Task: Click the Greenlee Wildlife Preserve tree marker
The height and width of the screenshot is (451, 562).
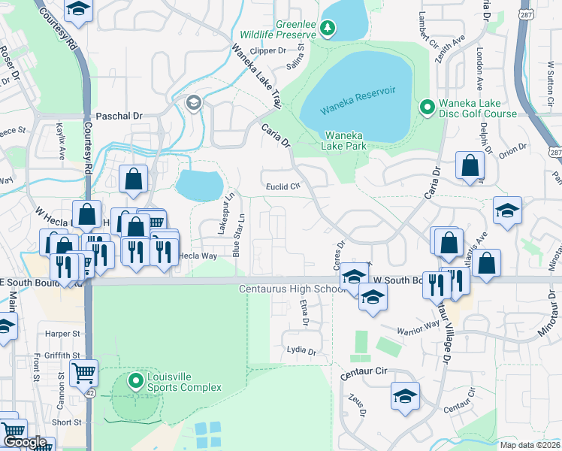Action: pyautogui.click(x=327, y=29)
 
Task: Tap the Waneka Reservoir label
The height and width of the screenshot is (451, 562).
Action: pyautogui.click(x=358, y=100)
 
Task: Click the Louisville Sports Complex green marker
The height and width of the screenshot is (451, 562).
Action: pyautogui.click(x=136, y=381)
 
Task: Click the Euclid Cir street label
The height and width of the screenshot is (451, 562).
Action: pyautogui.click(x=283, y=186)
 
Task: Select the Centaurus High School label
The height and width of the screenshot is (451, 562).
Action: pyautogui.click(x=292, y=289)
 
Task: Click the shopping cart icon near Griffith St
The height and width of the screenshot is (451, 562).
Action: pyautogui.click(x=83, y=373)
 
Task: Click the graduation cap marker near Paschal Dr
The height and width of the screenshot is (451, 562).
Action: pyautogui.click(x=194, y=103)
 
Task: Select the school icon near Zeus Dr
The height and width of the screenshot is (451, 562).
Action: pyautogui.click(x=405, y=395)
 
